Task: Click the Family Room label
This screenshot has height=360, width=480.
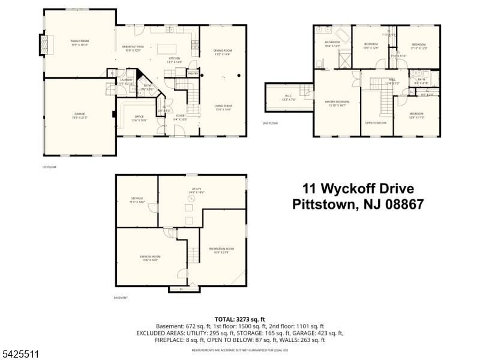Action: click(x=80, y=41)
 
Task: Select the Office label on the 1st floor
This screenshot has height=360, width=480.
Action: click(x=139, y=116)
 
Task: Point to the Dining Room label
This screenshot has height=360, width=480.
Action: click(x=223, y=50)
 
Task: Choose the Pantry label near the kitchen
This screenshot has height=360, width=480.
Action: click(x=193, y=73)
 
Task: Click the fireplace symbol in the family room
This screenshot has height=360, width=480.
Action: click(x=43, y=45)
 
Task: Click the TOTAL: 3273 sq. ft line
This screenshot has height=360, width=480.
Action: click(x=239, y=319)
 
